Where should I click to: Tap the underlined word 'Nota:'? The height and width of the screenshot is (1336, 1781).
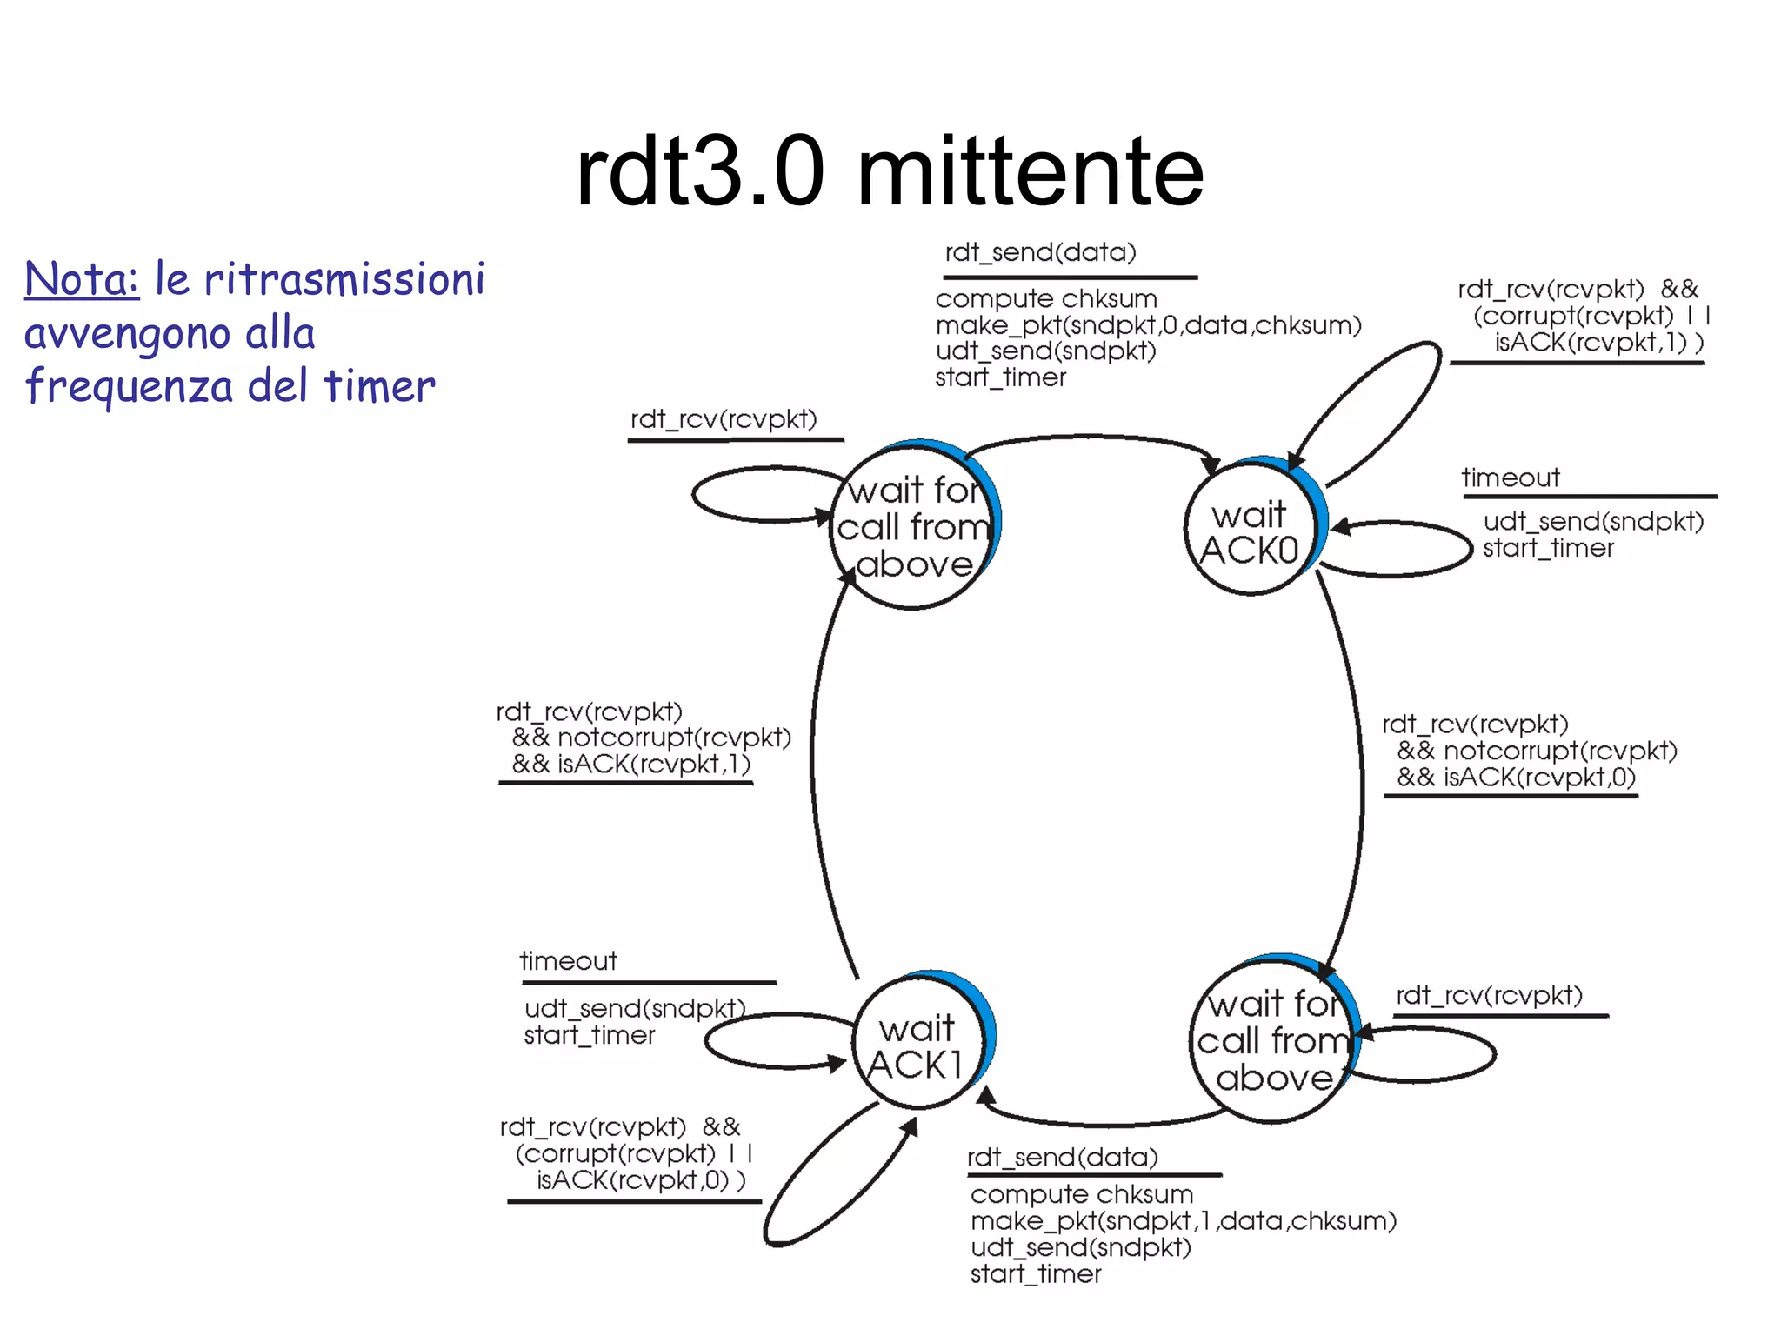click(x=82, y=279)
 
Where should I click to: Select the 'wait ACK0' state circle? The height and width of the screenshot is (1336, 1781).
click(x=1250, y=530)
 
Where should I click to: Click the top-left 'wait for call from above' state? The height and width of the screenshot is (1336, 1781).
click(x=912, y=527)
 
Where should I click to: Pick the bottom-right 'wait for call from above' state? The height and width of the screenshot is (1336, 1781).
click(x=1271, y=1040)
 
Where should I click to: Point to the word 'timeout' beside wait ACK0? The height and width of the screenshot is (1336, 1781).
click(x=1511, y=478)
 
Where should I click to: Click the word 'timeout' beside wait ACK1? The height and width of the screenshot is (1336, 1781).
click(x=568, y=961)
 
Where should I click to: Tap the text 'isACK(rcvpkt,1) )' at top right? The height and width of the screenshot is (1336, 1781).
click(x=1598, y=343)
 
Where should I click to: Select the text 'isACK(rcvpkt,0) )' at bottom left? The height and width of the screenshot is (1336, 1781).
click(x=641, y=1180)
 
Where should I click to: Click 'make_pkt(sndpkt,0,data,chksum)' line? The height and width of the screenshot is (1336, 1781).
click(x=1148, y=325)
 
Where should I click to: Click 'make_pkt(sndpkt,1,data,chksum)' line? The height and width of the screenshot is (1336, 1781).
click(x=1183, y=1221)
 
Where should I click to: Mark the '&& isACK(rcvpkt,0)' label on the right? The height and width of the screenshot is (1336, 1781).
click(x=1516, y=777)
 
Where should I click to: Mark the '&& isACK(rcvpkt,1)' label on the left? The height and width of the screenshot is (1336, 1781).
click(x=630, y=764)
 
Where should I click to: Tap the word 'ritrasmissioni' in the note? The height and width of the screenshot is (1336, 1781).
click(x=344, y=279)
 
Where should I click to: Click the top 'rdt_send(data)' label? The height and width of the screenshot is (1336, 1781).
click(x=1040, y=252)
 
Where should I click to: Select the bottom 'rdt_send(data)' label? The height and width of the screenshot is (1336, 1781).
click(x=1063, y=1158)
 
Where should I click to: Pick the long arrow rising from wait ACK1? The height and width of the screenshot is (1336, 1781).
click(x=812, y=765)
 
